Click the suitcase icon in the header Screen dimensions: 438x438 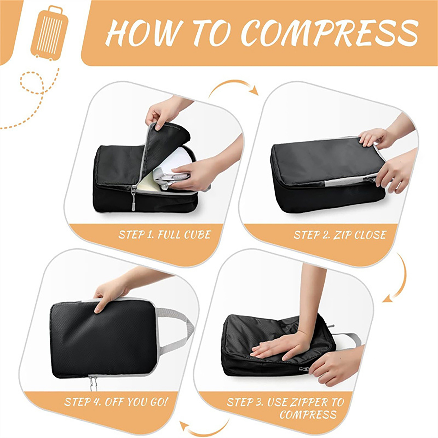[x=50, y=33]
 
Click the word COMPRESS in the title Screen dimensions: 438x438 [x=330, y=33]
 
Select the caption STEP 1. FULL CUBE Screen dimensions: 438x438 [x=165, y=235]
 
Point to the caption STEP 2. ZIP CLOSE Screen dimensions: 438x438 [x=340, y=235]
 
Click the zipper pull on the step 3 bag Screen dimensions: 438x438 [x=304, y=369]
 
